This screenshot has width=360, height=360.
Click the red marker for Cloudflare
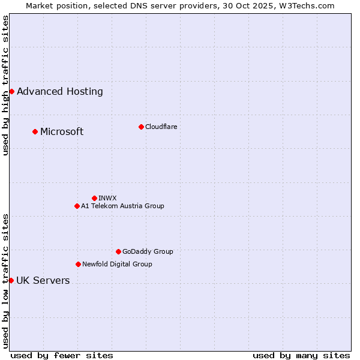[141, 127]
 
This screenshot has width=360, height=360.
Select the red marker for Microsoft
[35, 131]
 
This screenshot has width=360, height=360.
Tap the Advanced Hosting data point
[11, 91]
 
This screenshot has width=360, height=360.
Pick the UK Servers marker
[11, 280]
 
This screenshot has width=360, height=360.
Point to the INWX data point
[94, 198]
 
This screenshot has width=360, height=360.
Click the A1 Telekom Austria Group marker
[77, 206]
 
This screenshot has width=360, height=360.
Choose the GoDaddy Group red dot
[118, 251]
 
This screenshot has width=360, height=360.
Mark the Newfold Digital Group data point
[78, 264]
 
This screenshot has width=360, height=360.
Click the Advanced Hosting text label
[60, 92]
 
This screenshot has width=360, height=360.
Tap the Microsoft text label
[62, 132]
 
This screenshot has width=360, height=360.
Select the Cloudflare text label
[161, 127]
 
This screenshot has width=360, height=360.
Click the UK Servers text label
[43, 281]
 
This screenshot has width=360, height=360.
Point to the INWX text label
[107, 198]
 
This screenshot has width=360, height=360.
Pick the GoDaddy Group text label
[148, 252]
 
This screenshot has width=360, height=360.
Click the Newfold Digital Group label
[117, 264]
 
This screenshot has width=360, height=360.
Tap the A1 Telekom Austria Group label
[122, 206]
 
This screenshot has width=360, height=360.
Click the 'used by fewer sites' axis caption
[62, 355]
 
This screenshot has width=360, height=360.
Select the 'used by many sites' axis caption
[301, 355]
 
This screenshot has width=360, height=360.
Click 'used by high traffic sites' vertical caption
[5, 85]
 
